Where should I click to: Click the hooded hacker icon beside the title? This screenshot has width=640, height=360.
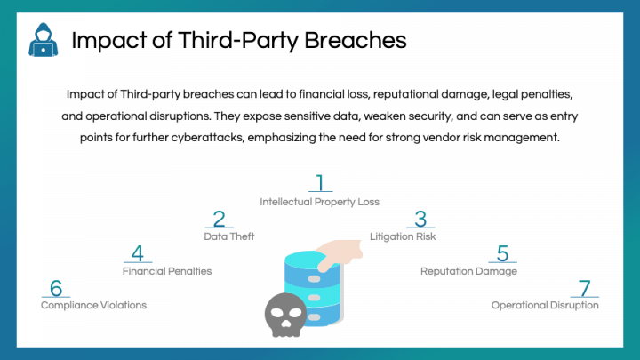click(x=44, y=40)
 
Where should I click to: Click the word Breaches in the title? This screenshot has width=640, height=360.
click(x=355, y=40)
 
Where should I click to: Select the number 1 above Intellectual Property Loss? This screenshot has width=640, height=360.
click(x=320, y=182)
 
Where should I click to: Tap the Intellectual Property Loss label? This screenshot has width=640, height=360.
click(x=320, y=202)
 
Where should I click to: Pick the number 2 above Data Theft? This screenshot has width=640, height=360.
click(x=220, y=219)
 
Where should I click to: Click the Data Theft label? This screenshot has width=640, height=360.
click(x=229, y=236)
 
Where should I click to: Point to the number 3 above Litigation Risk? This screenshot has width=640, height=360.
click(x=420, y=219)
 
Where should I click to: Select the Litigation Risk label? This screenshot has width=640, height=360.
click(x=403, y=236)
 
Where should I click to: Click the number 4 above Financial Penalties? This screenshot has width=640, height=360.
click(x=138, y=253)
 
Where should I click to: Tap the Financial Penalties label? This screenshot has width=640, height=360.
click(x=167, y=271)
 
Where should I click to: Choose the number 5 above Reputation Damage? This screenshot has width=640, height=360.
click(x=502, y=253)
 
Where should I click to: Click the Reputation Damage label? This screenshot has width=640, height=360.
click(x=468, y=271)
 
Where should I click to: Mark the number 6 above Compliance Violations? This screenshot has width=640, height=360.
click(x=56, y=288)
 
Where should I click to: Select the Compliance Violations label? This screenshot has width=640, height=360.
click(x=93, y=305)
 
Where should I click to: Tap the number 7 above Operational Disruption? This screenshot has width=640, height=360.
click(x=585, y=288)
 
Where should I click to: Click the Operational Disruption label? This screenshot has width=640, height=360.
click(x=545, y=305)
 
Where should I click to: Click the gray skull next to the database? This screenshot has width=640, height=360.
click(x=285, y=315)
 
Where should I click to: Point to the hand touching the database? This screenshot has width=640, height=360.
click(x=340, y=254)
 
